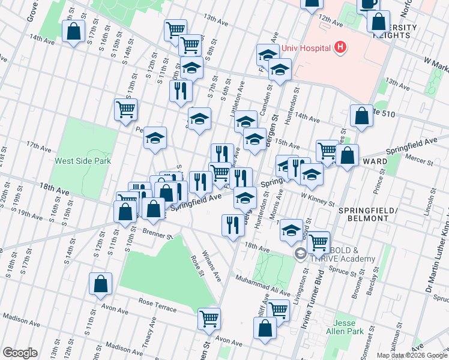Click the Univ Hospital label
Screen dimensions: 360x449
(304, 47)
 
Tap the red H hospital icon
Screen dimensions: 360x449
(340, 47)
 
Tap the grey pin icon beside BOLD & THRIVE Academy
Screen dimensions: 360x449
(300, 254)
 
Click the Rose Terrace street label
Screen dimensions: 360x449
(157, 305)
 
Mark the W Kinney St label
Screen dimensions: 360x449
(318, 199)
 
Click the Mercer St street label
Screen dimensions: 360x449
(419, 161)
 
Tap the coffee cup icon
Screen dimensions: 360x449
(367, 4)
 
